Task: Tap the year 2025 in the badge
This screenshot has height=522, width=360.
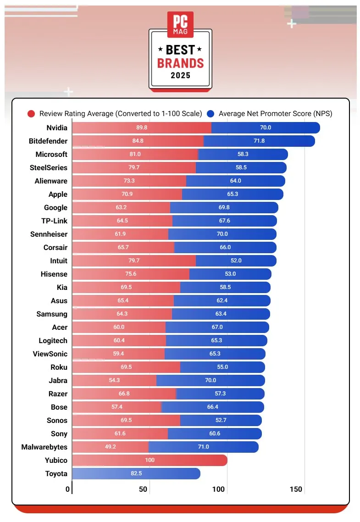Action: (x=180, y=75)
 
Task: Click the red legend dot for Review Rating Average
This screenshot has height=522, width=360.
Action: (x=32, y=114)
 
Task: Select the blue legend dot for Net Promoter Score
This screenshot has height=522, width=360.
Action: (x=211, y=114)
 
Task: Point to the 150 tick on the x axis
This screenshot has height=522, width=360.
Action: (x=296, y=489)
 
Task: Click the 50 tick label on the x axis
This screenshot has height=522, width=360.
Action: (x=143, y=489)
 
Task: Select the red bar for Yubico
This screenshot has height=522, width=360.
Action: (x=150, y=460)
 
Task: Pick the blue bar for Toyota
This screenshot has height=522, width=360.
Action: (x=136, y=473)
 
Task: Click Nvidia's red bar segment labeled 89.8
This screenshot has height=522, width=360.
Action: (x=142, y=128)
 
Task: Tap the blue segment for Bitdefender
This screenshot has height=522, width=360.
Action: (x=259, y=141)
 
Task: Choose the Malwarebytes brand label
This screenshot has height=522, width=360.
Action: (x=44, y=447)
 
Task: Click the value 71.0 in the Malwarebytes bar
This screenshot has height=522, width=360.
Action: (x=203, y=447)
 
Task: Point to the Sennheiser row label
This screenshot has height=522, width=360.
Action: (x=49, y=234)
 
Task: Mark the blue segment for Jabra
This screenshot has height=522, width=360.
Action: (x=210, y=380)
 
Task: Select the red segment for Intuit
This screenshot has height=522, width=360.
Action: (x=134, y=261)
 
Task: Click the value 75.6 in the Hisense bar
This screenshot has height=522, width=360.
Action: (x=131, y=274)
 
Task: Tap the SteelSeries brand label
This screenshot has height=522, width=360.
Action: (x=49, y=168)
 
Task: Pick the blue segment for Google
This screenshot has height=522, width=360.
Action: (x=224, y=208)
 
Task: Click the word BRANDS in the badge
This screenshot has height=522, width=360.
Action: (x=180, y=63)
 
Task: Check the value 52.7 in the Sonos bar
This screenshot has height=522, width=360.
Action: (x=221, y=420)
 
